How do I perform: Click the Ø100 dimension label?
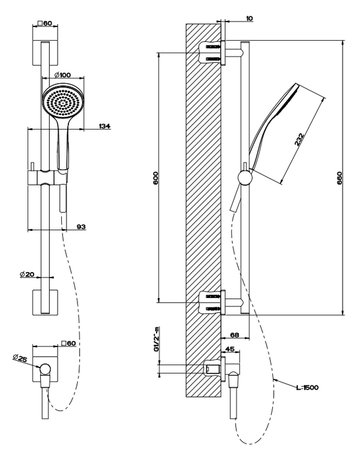[x=62, y=75]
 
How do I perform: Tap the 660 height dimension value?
[x=339, y=177]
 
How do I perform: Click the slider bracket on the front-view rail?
[x=46, y=177]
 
